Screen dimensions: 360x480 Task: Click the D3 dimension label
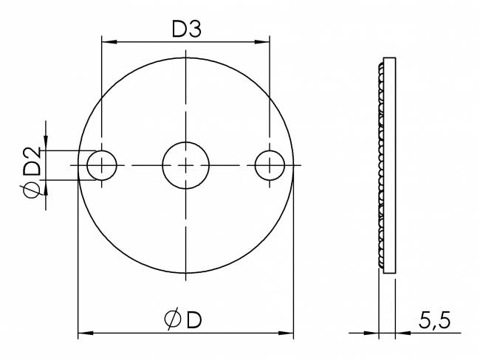(187, 30)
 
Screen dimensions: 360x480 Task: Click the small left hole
(102, 165)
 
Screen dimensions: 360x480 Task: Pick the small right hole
(271, 165)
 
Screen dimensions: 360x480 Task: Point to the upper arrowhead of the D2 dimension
(47, 145)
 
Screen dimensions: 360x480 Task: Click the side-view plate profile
(391, 165)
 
